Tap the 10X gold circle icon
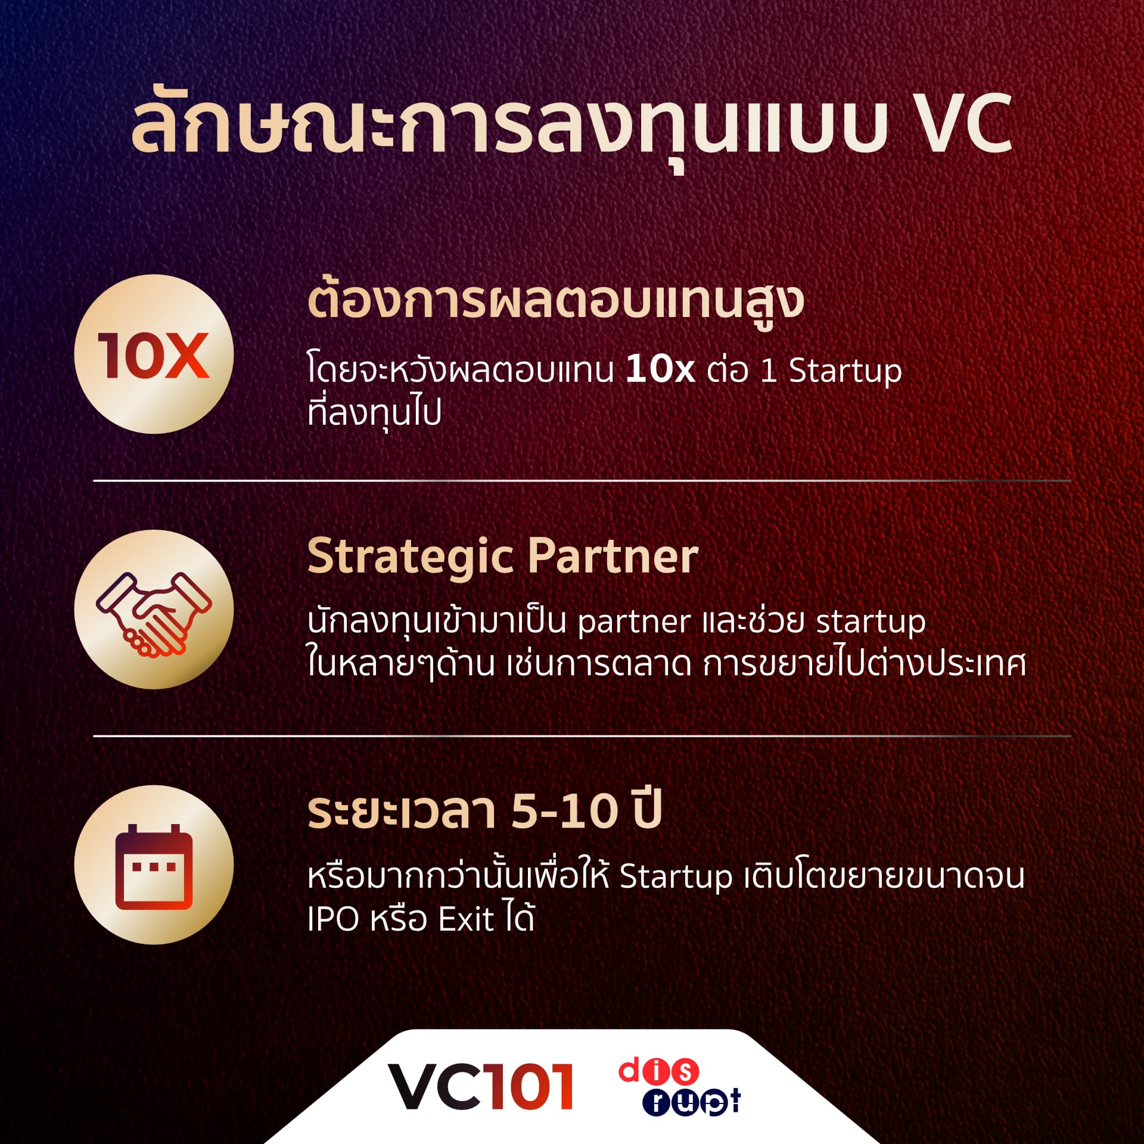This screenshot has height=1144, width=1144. pos(154,354)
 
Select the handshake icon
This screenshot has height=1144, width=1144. pos(154,610)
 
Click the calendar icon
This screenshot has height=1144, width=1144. pos(154,865)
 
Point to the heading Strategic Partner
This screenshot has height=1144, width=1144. pos(502,557)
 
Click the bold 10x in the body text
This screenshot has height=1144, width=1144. pos(660,369)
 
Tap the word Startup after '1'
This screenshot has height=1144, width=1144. pos(845,371)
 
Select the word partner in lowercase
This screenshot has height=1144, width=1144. pos(634,622)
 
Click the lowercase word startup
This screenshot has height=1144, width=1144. pos(871,622)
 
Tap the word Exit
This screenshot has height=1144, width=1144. pos(467,919)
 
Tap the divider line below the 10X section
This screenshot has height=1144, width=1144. pos(582,480)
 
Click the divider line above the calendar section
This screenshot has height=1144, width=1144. pos(582,736)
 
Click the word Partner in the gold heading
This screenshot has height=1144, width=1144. pos(613,557)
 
